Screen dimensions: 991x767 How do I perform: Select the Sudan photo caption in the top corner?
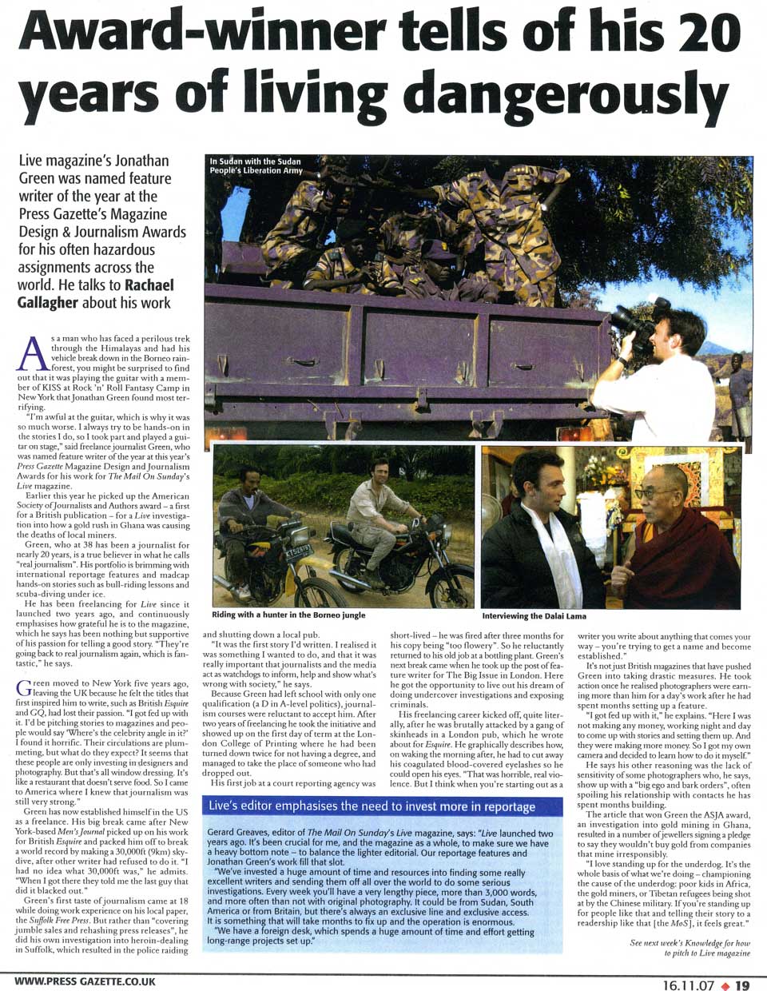click(256, 165)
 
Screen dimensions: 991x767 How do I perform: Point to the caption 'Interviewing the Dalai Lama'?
click(534, 616)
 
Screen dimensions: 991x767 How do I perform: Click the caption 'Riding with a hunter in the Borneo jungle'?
click(288, 615)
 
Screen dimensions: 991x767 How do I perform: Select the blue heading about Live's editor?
click(372, 806)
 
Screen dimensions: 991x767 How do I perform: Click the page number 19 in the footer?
click(743, 985)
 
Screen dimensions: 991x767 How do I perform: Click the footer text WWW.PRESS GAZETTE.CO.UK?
click(85, 981)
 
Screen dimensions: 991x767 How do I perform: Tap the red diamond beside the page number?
click(724, 985)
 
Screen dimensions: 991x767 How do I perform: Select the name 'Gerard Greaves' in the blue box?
click(240, 834)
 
